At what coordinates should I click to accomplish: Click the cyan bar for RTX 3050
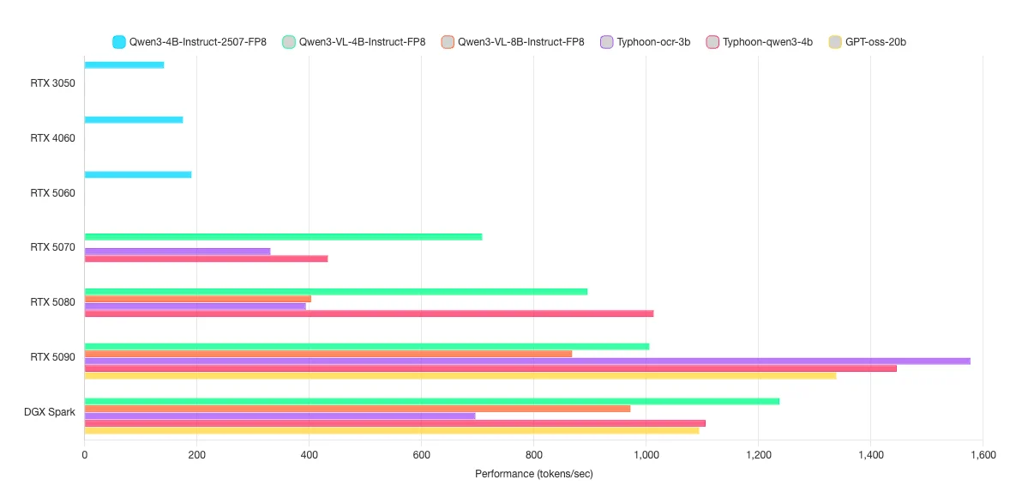pos(124,65)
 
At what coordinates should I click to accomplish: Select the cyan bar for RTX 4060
pos(134,119)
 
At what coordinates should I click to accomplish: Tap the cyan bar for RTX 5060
pos(138,174)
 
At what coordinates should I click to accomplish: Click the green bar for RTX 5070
pos(283,236)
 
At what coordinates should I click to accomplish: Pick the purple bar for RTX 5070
pos(177,251)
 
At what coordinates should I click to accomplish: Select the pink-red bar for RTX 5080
pos(369,313)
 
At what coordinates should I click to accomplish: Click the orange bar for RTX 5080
pos(198,299)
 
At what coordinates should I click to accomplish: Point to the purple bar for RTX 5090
pos(527,361)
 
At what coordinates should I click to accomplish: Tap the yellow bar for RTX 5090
pos(460,375)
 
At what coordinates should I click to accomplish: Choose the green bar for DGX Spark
pos(432,401)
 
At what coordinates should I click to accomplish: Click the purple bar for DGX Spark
pos(280,416)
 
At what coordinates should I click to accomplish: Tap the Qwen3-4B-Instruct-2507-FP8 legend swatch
pos(119,41)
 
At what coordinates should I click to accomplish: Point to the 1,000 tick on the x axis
pos(646,455)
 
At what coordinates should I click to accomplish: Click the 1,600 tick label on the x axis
pos(983,455)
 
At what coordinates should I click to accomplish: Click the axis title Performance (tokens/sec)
pos(533,474)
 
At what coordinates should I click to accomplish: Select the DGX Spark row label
pos(50,412)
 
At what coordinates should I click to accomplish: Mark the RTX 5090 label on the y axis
pos(52,357)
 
